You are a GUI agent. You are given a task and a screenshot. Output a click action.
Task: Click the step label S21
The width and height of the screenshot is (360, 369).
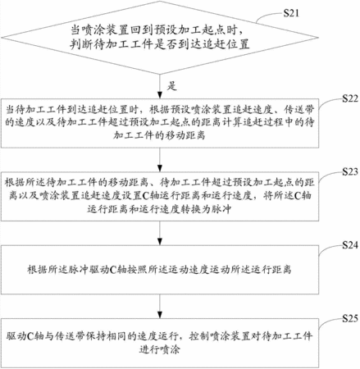tap(291, 13)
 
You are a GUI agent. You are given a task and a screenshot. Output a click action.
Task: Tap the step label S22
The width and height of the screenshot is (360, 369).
tap(350, 98)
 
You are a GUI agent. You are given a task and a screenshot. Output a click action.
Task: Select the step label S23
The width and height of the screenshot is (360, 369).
tap(350, 171)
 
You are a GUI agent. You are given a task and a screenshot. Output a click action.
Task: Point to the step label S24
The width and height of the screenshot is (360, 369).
tap(350, 245)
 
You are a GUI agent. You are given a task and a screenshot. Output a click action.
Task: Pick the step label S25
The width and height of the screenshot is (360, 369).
tap(350, 318)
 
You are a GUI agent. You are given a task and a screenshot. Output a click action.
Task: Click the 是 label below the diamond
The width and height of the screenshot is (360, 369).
tap(172, 86)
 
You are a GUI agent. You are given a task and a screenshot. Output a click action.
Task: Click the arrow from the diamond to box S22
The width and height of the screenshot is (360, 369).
tap(160, 86)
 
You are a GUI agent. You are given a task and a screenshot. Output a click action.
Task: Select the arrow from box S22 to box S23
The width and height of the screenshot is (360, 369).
tap(160, 160)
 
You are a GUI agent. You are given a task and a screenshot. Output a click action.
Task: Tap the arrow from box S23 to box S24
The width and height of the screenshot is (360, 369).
tap(160, 233)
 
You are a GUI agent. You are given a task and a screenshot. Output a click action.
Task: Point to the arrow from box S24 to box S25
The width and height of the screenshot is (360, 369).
tap(160, 306)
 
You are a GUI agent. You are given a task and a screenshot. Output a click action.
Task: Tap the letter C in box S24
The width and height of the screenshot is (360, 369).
tap(113, 270)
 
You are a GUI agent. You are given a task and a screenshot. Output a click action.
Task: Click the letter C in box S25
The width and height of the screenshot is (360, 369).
tap(30, 336)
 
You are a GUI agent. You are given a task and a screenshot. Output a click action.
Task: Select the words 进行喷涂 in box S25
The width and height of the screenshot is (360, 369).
tap(160, 349)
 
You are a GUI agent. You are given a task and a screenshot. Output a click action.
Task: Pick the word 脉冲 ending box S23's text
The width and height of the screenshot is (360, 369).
tap(221, 209)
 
